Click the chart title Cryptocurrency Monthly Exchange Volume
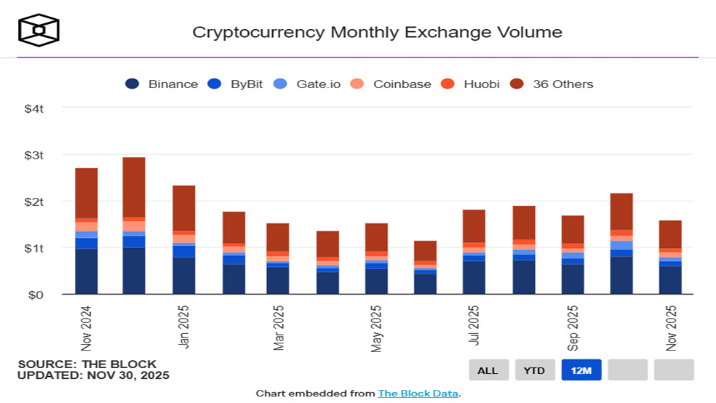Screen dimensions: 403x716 click(377, 32)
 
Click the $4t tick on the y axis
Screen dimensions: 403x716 click(34, 108)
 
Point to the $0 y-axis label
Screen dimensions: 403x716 click(36, 295)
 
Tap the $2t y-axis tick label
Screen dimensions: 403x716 click(34, 201)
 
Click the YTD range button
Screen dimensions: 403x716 click(535, 370)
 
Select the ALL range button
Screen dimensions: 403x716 click(488, 370)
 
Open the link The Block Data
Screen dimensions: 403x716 click(418, 394)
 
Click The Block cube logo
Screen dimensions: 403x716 click(39, 30)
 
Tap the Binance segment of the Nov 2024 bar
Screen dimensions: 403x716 click(87, 271)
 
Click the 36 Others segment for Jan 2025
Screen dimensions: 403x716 click(184, 207)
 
